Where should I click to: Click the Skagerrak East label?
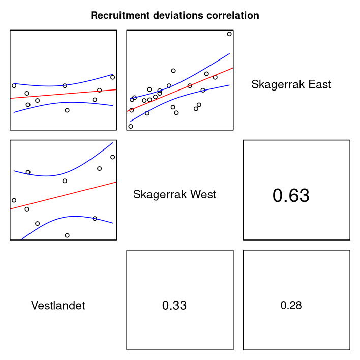[x=291, y=85]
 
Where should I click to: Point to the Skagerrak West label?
[x=174, y=195]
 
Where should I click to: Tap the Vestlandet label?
[x=58, y=306]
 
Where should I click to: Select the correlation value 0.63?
[x=291, y=196]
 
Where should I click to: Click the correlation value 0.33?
[x=174, y=306]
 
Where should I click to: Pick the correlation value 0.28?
[x=291, y=306]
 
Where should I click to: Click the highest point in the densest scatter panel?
[x=229, y=34]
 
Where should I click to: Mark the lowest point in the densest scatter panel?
[x=131, y=126]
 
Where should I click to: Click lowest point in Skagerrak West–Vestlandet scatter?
[x=67, y=235]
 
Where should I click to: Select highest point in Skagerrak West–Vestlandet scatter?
[x=113, y=157]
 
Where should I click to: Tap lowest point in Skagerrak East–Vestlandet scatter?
[x=67, y=110]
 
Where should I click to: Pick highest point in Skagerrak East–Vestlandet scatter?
[x=113, y=77]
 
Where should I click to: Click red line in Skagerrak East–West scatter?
[x=179, y=89]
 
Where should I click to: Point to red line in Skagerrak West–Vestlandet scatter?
[x=64, y=195]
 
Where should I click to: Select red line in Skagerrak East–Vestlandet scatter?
[x=64, y=94]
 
